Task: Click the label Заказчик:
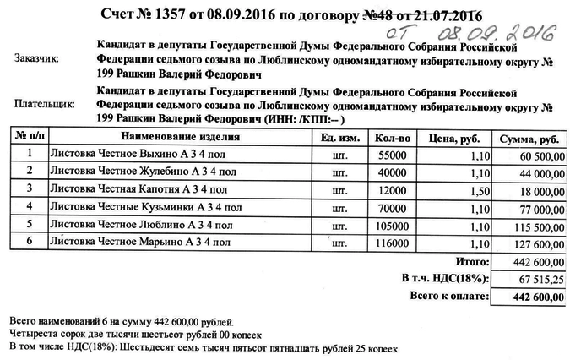click(x=37, y=59)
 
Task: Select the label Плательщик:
click(x=45, y=105)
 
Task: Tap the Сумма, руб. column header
click(x=529, y=137)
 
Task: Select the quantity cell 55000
click(x=393, y=155)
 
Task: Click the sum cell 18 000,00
click(x=537, y=193)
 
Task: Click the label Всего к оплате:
click(x=448, y=297)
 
